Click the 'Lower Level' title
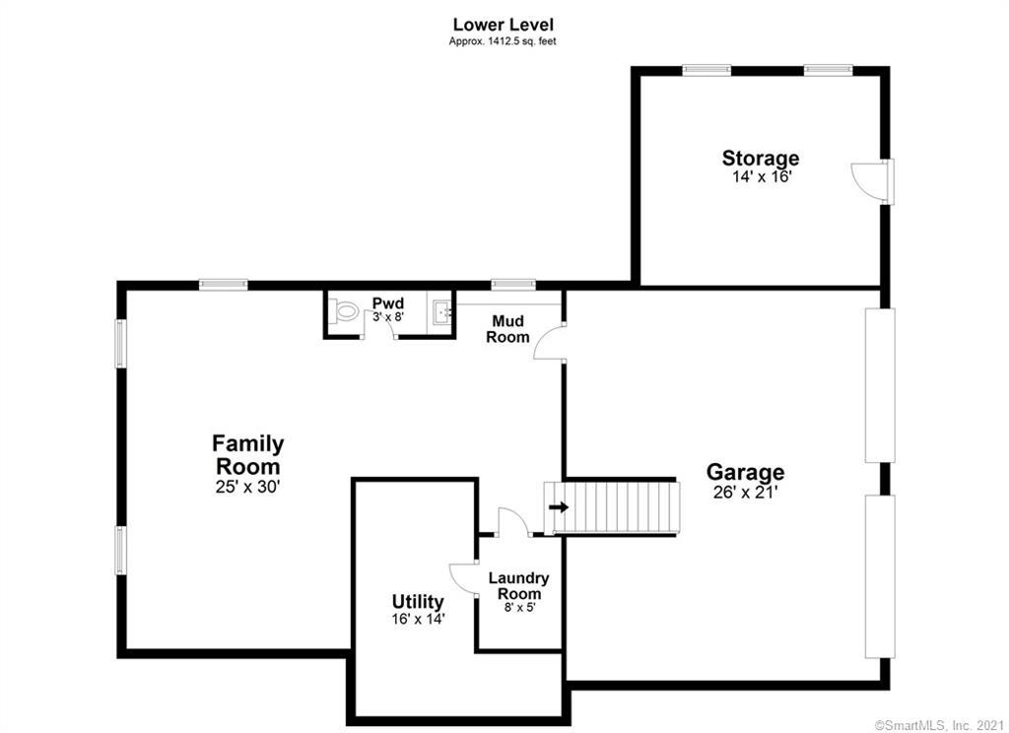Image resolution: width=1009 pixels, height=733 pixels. [504, 25]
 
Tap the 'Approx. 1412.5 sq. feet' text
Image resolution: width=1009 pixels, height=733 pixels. [503, 41]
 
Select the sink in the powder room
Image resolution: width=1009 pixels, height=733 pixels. [441, 312]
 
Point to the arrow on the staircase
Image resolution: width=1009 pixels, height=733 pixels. [559, 507]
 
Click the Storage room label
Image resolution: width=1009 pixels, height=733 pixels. [761, 158]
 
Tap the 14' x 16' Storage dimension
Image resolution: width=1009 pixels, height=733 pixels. [762, 177]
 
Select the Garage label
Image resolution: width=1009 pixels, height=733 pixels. [745, 472]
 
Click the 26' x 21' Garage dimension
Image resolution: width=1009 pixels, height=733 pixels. [746, 493]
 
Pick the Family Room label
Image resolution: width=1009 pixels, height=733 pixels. [247, 454]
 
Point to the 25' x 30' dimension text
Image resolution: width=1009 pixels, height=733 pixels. [247, 487]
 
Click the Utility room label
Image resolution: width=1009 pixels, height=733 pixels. [418, 602]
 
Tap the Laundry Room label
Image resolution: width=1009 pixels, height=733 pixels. [518, 585]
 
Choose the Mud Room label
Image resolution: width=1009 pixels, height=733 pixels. [507, 329]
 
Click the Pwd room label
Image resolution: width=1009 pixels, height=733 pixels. [388, 303]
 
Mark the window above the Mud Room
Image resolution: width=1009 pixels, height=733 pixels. [513, 284]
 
